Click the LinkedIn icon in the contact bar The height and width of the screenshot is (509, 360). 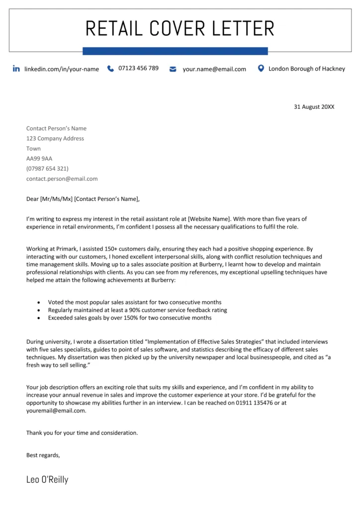tap(16, 69)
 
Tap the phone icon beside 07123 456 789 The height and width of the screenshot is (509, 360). tap(110, 69)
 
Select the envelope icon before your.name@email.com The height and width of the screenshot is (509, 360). tap(173, 69)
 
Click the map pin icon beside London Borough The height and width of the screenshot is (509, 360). tap(261, 68)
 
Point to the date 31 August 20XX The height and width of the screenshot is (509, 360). tap(314, 106)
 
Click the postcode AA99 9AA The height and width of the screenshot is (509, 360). tap(39, 159)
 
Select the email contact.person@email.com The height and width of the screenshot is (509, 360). tap(62, 178)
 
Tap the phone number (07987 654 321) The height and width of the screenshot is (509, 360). tap(47, 169)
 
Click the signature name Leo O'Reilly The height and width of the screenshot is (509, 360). tap(47, 480)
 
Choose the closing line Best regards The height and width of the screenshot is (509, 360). tap(43, 454)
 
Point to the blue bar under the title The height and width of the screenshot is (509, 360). tap(175, 51)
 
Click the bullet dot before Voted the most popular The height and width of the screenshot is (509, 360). tap(39, 302)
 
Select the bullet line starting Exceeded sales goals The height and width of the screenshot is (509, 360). tap(129, 318)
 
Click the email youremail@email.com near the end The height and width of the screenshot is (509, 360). tap(56, 411)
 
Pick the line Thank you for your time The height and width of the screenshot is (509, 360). tap(82, 432)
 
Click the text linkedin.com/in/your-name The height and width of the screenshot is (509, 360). tap(62, 69)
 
